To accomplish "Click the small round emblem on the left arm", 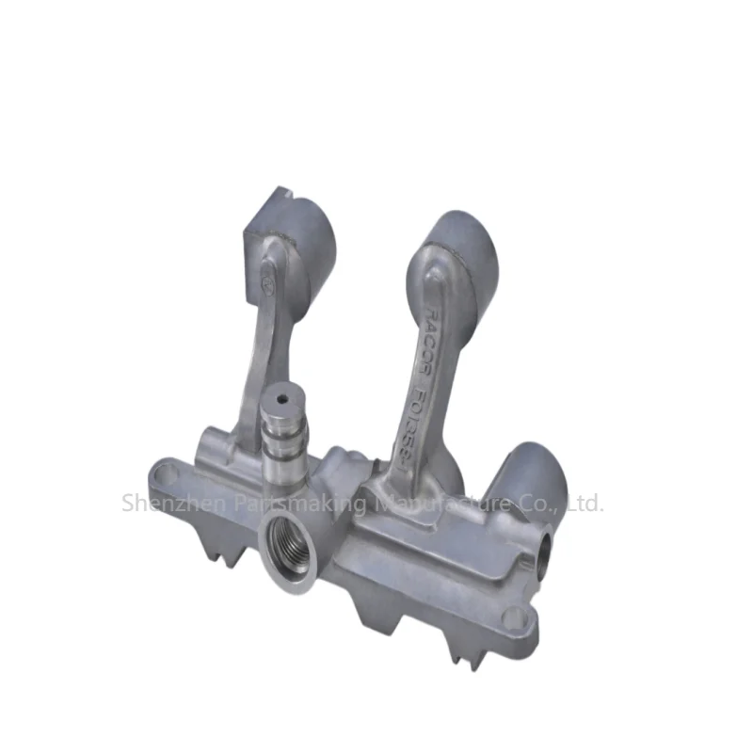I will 266,278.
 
